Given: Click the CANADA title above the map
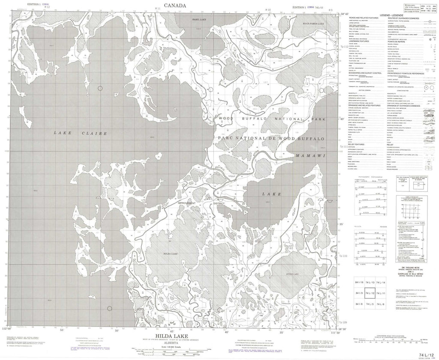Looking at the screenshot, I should point(174,5).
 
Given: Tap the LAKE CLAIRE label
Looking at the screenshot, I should point(81,133).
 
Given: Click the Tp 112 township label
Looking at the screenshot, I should point(343,46).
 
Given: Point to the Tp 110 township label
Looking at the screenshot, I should point(343,256).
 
